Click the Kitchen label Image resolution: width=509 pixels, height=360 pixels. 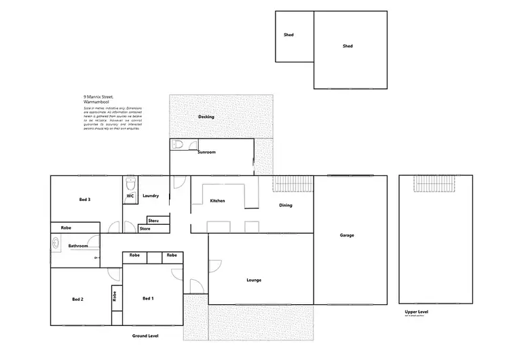[217, 201]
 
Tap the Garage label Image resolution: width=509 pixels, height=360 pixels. [347, 236]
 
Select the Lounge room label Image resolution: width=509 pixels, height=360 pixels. [254, 280]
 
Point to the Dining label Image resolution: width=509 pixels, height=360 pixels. [286, 205]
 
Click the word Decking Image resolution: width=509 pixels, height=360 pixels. [206, 117]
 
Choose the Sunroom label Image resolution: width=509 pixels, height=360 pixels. [206, 152]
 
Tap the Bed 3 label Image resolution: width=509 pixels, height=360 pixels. [85, 200]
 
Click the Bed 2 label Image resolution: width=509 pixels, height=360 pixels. [77, 299]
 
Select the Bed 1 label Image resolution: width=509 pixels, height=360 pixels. [148, 299]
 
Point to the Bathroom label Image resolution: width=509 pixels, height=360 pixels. [78, 246]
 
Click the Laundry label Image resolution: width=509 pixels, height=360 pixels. [151, 196]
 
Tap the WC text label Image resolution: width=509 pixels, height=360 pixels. [130, 196]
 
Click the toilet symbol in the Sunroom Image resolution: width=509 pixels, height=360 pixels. [177, 144]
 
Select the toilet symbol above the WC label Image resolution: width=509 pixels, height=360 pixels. [130, 183]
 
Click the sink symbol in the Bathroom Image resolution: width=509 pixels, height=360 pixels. [55, 241]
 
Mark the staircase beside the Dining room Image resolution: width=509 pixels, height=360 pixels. [293, 184]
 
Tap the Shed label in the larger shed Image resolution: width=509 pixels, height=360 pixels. [347, 46]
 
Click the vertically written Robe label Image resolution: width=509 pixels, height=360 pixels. [115, 296]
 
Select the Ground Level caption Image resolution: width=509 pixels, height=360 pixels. [145, 336]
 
